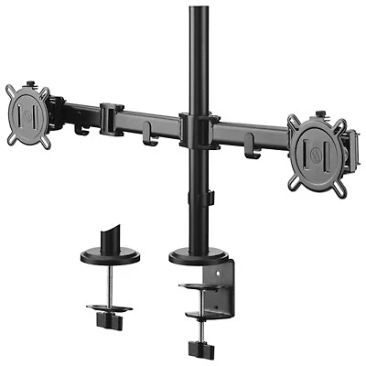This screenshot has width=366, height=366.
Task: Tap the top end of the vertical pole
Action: point(198,11)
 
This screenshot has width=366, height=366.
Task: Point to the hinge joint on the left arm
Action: point(112,120)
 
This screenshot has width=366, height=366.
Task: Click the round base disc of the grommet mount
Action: point(110,256)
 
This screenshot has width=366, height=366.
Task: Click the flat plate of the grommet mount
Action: point(110,308)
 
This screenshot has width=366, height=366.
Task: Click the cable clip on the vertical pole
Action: point(210,197)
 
